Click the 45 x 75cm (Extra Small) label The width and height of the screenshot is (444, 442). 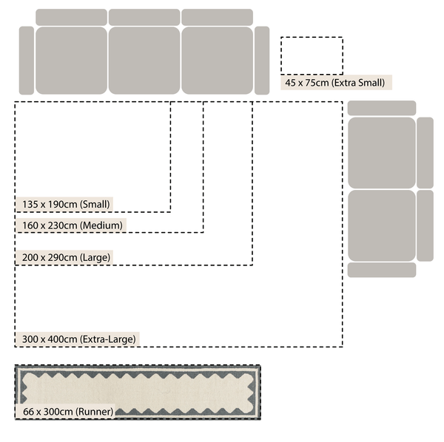tap(335, 83)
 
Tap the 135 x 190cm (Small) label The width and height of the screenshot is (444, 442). tap(66, 204)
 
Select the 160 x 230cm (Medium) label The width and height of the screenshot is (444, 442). tap(73, 225)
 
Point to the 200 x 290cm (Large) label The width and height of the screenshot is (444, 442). tap(67, 257)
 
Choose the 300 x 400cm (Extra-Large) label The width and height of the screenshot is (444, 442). tap(79, 339)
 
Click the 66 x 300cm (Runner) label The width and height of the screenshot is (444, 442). tap(68, 412)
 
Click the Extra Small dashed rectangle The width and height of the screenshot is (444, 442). tap(312, 37)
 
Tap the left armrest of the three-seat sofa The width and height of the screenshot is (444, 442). tap(27, 61)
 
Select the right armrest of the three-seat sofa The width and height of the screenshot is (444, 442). tap(262, 61)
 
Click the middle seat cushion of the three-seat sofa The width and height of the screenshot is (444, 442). tap(144, 61)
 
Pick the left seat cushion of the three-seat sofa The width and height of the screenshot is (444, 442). tap(71, 61)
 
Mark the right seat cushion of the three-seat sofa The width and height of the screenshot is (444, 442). tap(217, 61)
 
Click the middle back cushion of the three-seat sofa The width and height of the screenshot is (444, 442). tap(144, 17)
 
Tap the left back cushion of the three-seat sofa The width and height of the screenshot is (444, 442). tap(71, 17)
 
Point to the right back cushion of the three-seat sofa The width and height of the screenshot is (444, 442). tap(217, 17)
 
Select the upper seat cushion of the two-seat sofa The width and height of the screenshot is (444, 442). tap(382, 153)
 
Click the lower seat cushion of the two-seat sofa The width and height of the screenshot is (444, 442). tap(382, 225)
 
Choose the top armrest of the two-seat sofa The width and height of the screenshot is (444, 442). tap(382, 108)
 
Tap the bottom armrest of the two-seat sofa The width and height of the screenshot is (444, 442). tap(382, 270)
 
